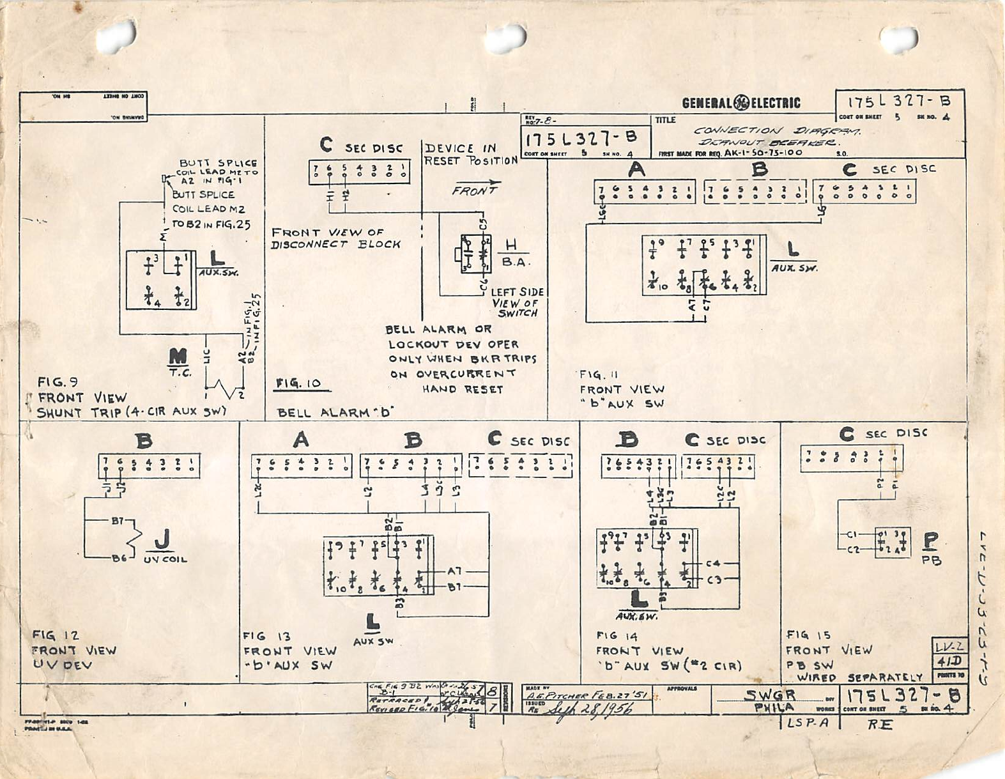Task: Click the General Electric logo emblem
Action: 741,103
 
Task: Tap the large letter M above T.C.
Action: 178,356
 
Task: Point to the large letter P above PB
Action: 930,541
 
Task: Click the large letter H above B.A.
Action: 512,245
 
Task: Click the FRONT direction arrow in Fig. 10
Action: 476,189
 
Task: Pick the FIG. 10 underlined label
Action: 298,383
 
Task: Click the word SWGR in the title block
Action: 770,695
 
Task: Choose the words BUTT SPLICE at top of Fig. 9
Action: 218,164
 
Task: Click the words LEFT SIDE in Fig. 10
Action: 517,292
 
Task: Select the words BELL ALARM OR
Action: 438,330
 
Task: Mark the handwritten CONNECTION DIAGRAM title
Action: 776,131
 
